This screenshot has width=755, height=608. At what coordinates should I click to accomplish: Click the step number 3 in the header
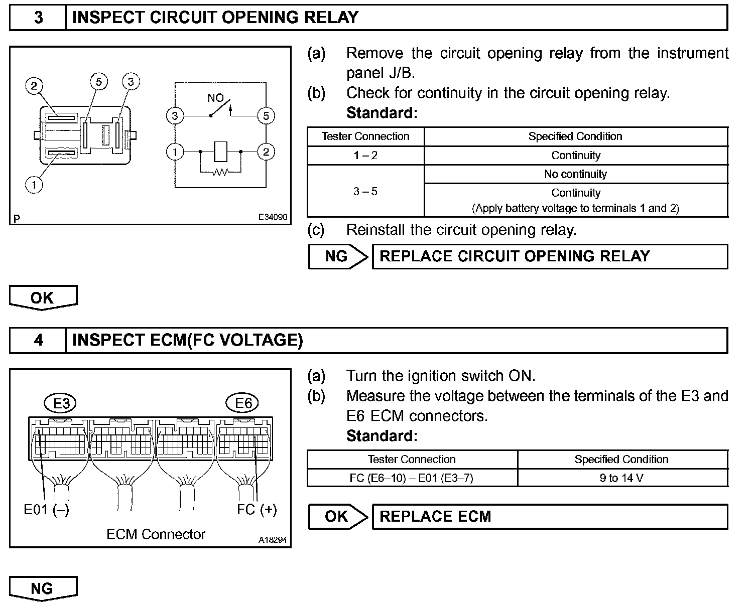[38, 18]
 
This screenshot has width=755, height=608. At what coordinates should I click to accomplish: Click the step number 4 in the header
[38, 340]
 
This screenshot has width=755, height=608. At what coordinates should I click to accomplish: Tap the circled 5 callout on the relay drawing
[99, 82]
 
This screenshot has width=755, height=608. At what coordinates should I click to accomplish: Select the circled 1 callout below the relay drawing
[34, 185]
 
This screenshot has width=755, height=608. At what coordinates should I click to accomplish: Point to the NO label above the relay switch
[215, 98]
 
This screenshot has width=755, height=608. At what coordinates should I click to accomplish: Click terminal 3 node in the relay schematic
[175, 116]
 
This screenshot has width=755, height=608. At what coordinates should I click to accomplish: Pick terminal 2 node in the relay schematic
[266, 151]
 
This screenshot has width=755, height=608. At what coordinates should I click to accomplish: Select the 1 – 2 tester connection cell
[365, 156]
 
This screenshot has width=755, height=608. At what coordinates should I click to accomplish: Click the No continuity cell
[575, 174]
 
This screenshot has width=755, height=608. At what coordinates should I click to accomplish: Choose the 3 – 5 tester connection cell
[365, 191]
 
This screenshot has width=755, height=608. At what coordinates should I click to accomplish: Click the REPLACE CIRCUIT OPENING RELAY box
[549, 256]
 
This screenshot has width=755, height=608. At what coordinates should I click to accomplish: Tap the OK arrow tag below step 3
[43, 297]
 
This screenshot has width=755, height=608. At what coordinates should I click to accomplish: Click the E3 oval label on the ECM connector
[61, 403]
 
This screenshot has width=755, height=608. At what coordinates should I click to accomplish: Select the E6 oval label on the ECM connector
[243, 403]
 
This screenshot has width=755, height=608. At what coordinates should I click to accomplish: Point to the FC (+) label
[257, 509]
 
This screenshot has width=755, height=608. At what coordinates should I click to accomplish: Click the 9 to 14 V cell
[621, 478]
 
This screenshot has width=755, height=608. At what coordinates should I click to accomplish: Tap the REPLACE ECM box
[549, 517]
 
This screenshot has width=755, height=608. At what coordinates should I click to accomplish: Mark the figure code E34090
[273, 217]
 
